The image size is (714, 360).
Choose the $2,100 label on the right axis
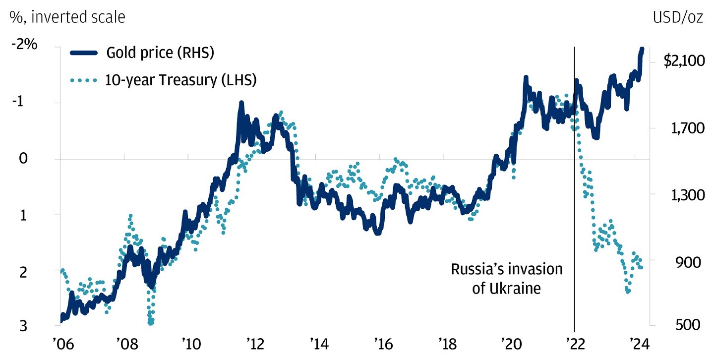pos(683,61)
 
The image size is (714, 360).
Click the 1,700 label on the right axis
pos(683,128)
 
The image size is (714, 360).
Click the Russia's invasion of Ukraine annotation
pos(507,279)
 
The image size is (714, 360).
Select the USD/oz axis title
pos(677,17)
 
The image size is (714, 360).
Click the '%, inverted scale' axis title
pos(67,17)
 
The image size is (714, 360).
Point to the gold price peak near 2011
pos(241,103)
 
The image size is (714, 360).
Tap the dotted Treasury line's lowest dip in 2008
pos(151,322)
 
